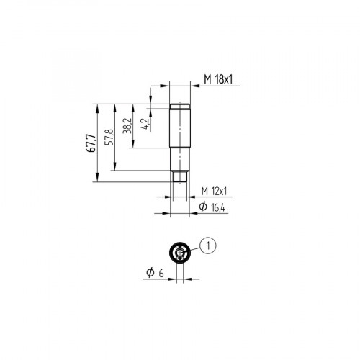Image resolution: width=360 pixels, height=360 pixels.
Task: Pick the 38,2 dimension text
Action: [x=127, y=125]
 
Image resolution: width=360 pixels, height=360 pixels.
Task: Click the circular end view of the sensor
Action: [x=179, y=252]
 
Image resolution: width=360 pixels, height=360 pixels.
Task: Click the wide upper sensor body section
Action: [x=179, y=126]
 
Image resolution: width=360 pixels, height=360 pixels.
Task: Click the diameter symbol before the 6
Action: [x=149, y=274]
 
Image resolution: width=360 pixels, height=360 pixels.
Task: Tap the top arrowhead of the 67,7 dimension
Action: [x=96, y=106]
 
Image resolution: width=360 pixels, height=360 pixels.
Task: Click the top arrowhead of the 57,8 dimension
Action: [x=114, y=106]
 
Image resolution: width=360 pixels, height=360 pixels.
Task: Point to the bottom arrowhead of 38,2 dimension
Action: [x=132, y=145]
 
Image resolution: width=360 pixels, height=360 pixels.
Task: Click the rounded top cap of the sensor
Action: [x=179, y=105]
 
